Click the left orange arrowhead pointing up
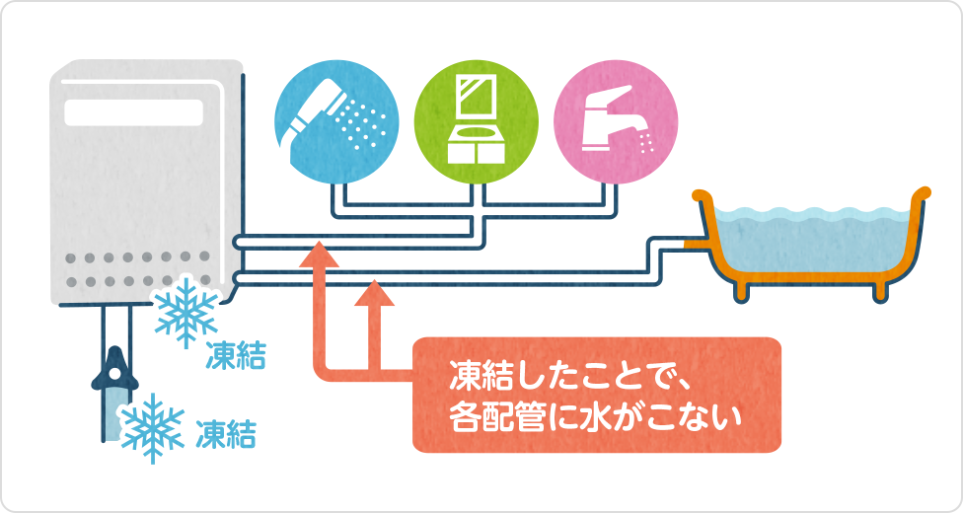pos(318,257)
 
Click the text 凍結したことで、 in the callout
pos(559,376)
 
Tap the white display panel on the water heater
pos(140,110)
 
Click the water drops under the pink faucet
pos(647,142)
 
